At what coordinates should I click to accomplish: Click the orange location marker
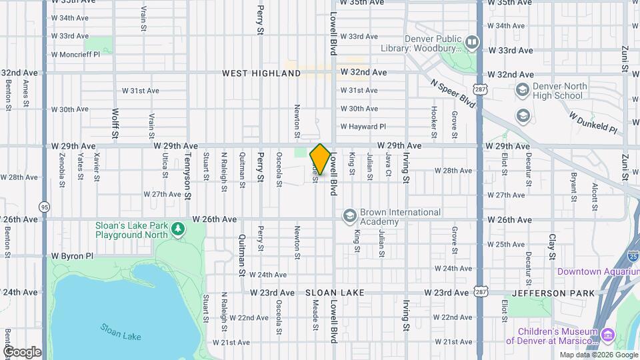click(320, 159)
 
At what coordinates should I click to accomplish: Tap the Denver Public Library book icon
click(472, 43)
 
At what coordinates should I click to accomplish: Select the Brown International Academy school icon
click(349, 216)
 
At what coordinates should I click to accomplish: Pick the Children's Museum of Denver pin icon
click(607, 335)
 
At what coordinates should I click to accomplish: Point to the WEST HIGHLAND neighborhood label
click(261, 73)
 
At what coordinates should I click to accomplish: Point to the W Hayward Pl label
click(363, 126)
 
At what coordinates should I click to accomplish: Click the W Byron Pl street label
click(73, 255)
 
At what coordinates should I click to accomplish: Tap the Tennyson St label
click(187, 177)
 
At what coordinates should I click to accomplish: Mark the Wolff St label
click(115, 124)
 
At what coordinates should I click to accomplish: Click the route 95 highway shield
click(44, 207)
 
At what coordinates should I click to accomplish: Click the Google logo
click(22, 352)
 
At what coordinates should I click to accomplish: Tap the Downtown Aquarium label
click(598, 271)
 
